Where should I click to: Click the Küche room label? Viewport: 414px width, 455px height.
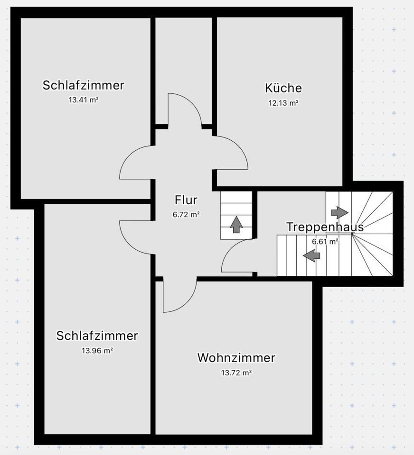pos(283,88)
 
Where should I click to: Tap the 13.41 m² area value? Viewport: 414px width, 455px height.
pos(84,100)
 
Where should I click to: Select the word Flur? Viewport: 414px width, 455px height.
pos(186,200)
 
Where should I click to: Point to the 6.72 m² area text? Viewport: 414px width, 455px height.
pos(186,215)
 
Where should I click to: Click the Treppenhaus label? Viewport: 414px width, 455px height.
pos(325,227)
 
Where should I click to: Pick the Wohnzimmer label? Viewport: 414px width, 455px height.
pos(236,358)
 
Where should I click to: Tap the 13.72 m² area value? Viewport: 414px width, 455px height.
pos(236,373)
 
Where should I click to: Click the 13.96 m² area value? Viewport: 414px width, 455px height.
pos(97,351)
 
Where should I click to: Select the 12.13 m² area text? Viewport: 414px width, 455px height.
pos(283,103)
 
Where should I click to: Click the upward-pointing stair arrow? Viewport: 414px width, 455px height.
pos(236,224)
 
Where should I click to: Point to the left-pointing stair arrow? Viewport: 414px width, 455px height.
pos(311,256)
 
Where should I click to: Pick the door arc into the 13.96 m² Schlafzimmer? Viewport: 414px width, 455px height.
pos(134,237)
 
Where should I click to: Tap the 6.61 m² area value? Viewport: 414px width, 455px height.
pos(325,242)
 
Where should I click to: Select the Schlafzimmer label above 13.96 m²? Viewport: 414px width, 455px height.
pos(97,336)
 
